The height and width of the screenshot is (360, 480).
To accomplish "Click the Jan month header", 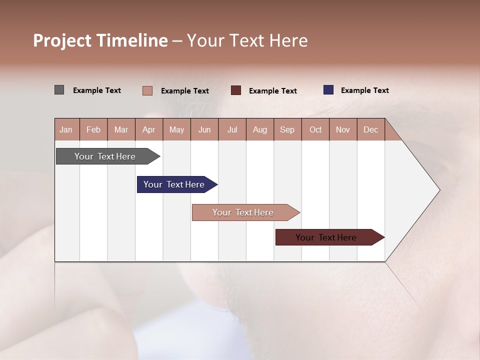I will (x=66, y=129).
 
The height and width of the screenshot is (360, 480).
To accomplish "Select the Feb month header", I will (x=93, y=129).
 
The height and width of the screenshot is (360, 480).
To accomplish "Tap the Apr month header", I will (x=148, y=129).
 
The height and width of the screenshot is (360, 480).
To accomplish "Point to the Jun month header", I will (x=204, y=129).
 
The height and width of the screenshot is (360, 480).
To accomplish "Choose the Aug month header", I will (x=259, y=129).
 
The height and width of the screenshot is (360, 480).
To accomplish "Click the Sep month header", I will (x=287, y=129).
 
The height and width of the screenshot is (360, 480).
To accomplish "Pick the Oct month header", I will (x=315, y=129).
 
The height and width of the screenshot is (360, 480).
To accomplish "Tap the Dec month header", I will (x=370, y=129).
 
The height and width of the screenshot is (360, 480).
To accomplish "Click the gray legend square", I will (x=59, y=90).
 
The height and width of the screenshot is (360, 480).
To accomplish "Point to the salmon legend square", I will (x=147, y=90).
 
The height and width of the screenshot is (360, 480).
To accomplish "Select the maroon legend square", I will (x=236, y=90).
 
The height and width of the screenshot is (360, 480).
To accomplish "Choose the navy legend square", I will (x=328, y=90).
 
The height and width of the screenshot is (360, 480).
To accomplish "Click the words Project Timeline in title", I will (x=100, y=40).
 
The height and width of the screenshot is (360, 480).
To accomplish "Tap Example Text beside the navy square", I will (x=364, y=90).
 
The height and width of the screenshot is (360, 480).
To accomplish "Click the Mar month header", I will (x=121, y=129).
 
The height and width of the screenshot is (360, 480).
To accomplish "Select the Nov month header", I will (x=343, y=129).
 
